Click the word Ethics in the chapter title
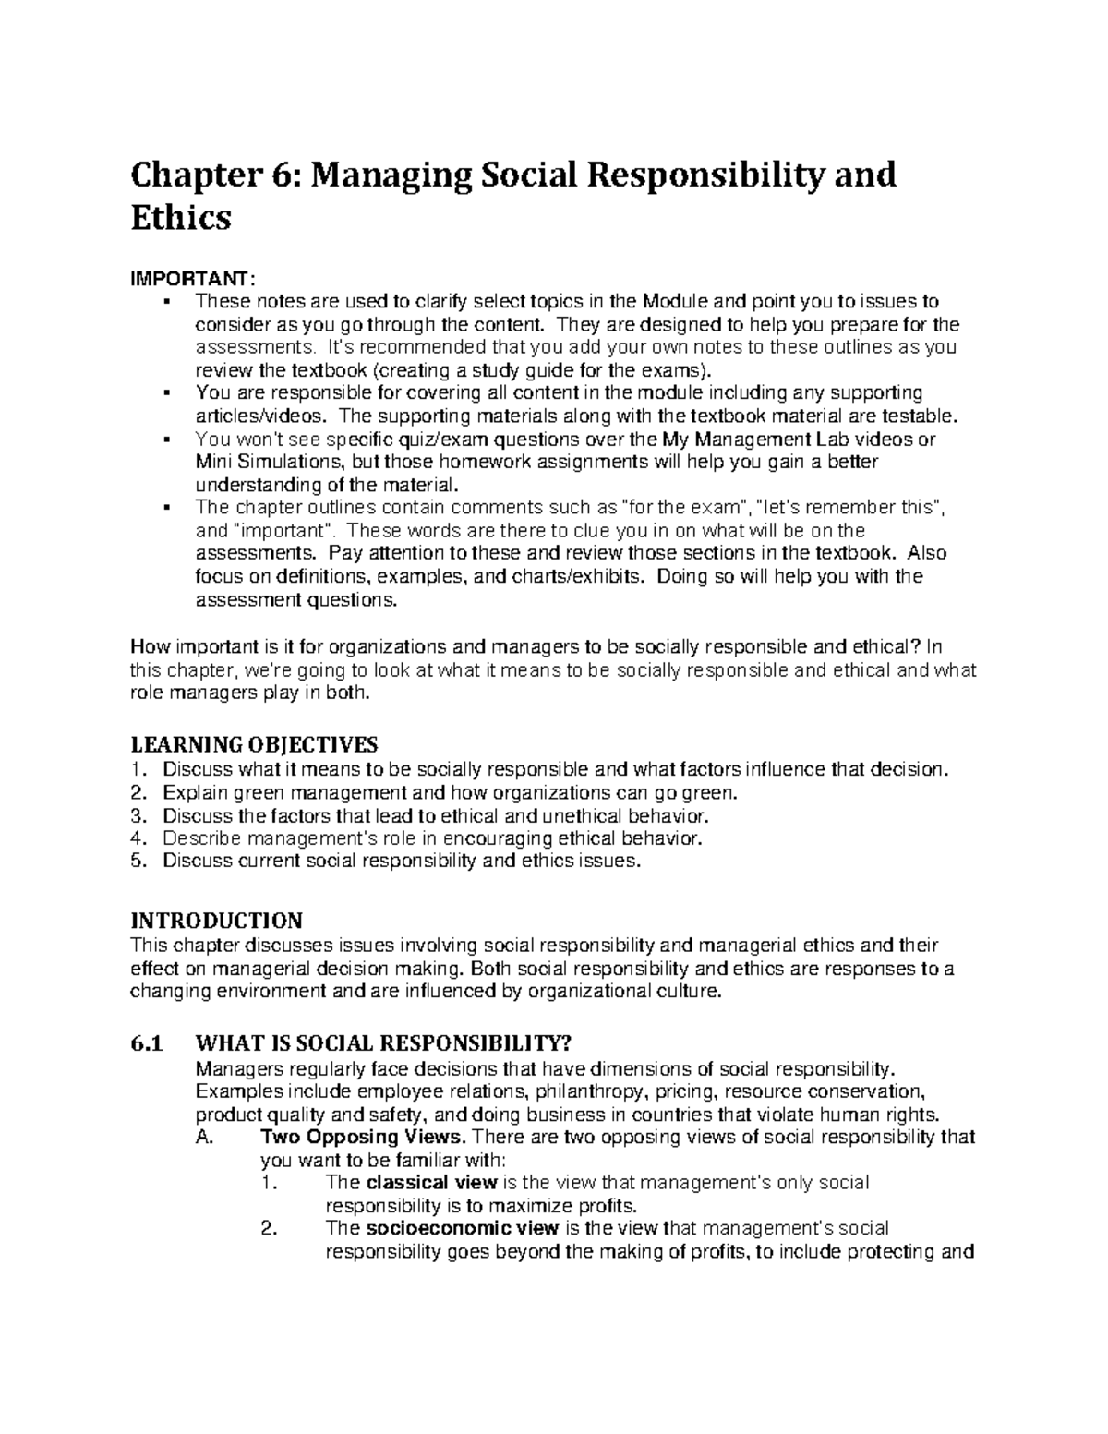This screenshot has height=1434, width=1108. coord(180,218)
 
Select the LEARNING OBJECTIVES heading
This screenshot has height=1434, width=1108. coord(254,744)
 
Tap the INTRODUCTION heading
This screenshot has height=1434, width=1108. coord(216,921)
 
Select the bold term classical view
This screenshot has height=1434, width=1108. coord(432,1182)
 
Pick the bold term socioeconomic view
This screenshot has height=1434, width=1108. coord(463,1228)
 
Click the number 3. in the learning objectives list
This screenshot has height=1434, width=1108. coord(138,815)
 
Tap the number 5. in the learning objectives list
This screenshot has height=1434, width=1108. coord(138,861)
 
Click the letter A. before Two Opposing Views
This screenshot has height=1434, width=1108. coord(205,1136)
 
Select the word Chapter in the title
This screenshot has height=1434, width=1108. coord(192,174)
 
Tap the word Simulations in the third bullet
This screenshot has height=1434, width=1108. coord(286,462)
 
